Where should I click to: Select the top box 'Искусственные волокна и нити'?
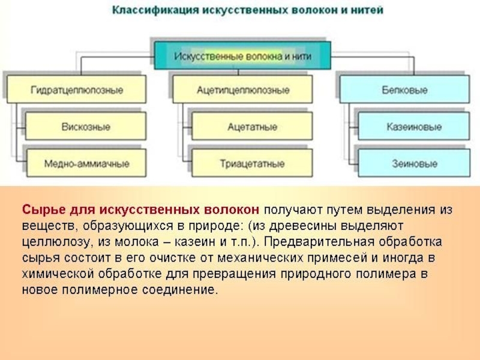tap(243, 55)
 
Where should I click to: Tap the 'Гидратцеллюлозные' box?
tap(77, 90)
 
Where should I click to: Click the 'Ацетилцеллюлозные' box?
tap(243, 90)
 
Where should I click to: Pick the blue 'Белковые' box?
tap(404, 90)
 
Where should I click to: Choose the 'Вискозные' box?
tap(85, 127)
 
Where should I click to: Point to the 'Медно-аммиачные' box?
tap(86, 163)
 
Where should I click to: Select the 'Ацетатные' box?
tap(252, 127)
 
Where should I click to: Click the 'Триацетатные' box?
tap(252, 163)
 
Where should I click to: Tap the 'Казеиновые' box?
tap(413, 127)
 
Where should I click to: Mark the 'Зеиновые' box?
tap(413, 163)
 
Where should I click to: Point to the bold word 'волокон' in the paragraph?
tap(234, 211)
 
